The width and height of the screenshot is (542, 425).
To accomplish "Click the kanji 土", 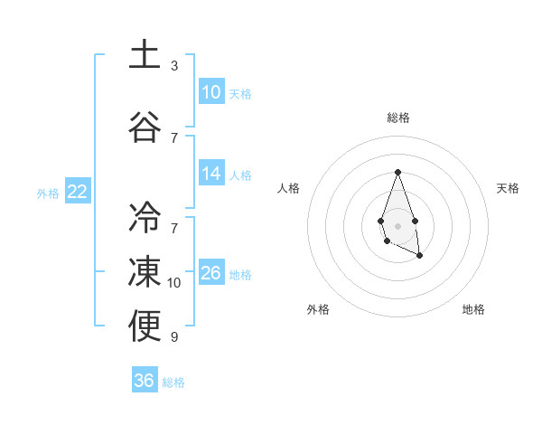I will tap(145, 54).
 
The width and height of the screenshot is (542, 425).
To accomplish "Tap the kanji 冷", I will tap(145, 216).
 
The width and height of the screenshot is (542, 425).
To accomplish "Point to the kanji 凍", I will tap(145, 270).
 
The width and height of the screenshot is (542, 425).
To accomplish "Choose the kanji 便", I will tap(145, 326).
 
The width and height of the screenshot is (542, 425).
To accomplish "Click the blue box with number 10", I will tap(211, 92).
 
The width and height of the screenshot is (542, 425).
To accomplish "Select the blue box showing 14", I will tap(211, 174).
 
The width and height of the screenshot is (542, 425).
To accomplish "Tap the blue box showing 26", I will tap(211, 273).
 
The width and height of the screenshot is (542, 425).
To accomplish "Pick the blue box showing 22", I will tap(77, 192).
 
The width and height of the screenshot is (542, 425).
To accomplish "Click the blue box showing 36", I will tap(145, 381).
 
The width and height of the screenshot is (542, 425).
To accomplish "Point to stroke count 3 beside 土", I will tap(174, 66).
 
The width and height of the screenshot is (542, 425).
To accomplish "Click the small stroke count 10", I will tap(174, 283).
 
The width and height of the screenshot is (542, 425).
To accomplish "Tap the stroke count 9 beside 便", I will tap(174, 337).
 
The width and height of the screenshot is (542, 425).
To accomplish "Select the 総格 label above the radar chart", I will tap(397, 118).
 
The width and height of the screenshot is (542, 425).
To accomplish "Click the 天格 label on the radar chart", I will tap(508, 188).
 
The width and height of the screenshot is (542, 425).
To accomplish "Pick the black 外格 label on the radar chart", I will tap(318, 309).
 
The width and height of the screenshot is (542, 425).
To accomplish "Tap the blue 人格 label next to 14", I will tap(240, 175).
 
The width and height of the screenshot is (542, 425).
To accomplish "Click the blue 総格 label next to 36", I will tap(173, 382).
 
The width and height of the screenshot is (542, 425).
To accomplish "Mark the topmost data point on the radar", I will tap(397, 172).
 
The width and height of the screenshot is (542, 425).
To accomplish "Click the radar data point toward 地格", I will tap(420, 256).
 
